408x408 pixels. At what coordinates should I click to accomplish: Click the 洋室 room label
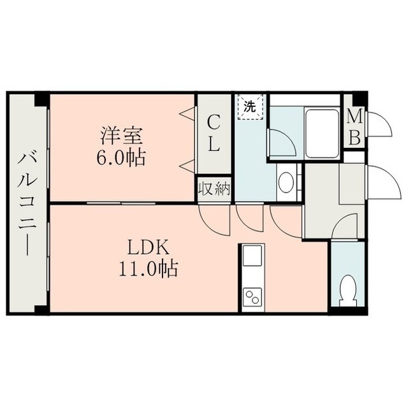pos(122,136)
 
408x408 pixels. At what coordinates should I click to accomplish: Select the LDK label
pos(149,247)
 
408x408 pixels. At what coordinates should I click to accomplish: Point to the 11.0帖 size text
pos(149,268)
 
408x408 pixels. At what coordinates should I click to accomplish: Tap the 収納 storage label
pos(214,189)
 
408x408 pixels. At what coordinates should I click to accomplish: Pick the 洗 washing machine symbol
pos(250,106)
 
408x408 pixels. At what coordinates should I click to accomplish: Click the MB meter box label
pos(355,128)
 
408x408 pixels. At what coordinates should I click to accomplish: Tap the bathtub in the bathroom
pos(321,134)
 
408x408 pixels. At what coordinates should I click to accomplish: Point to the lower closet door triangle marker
pos(187,166)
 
